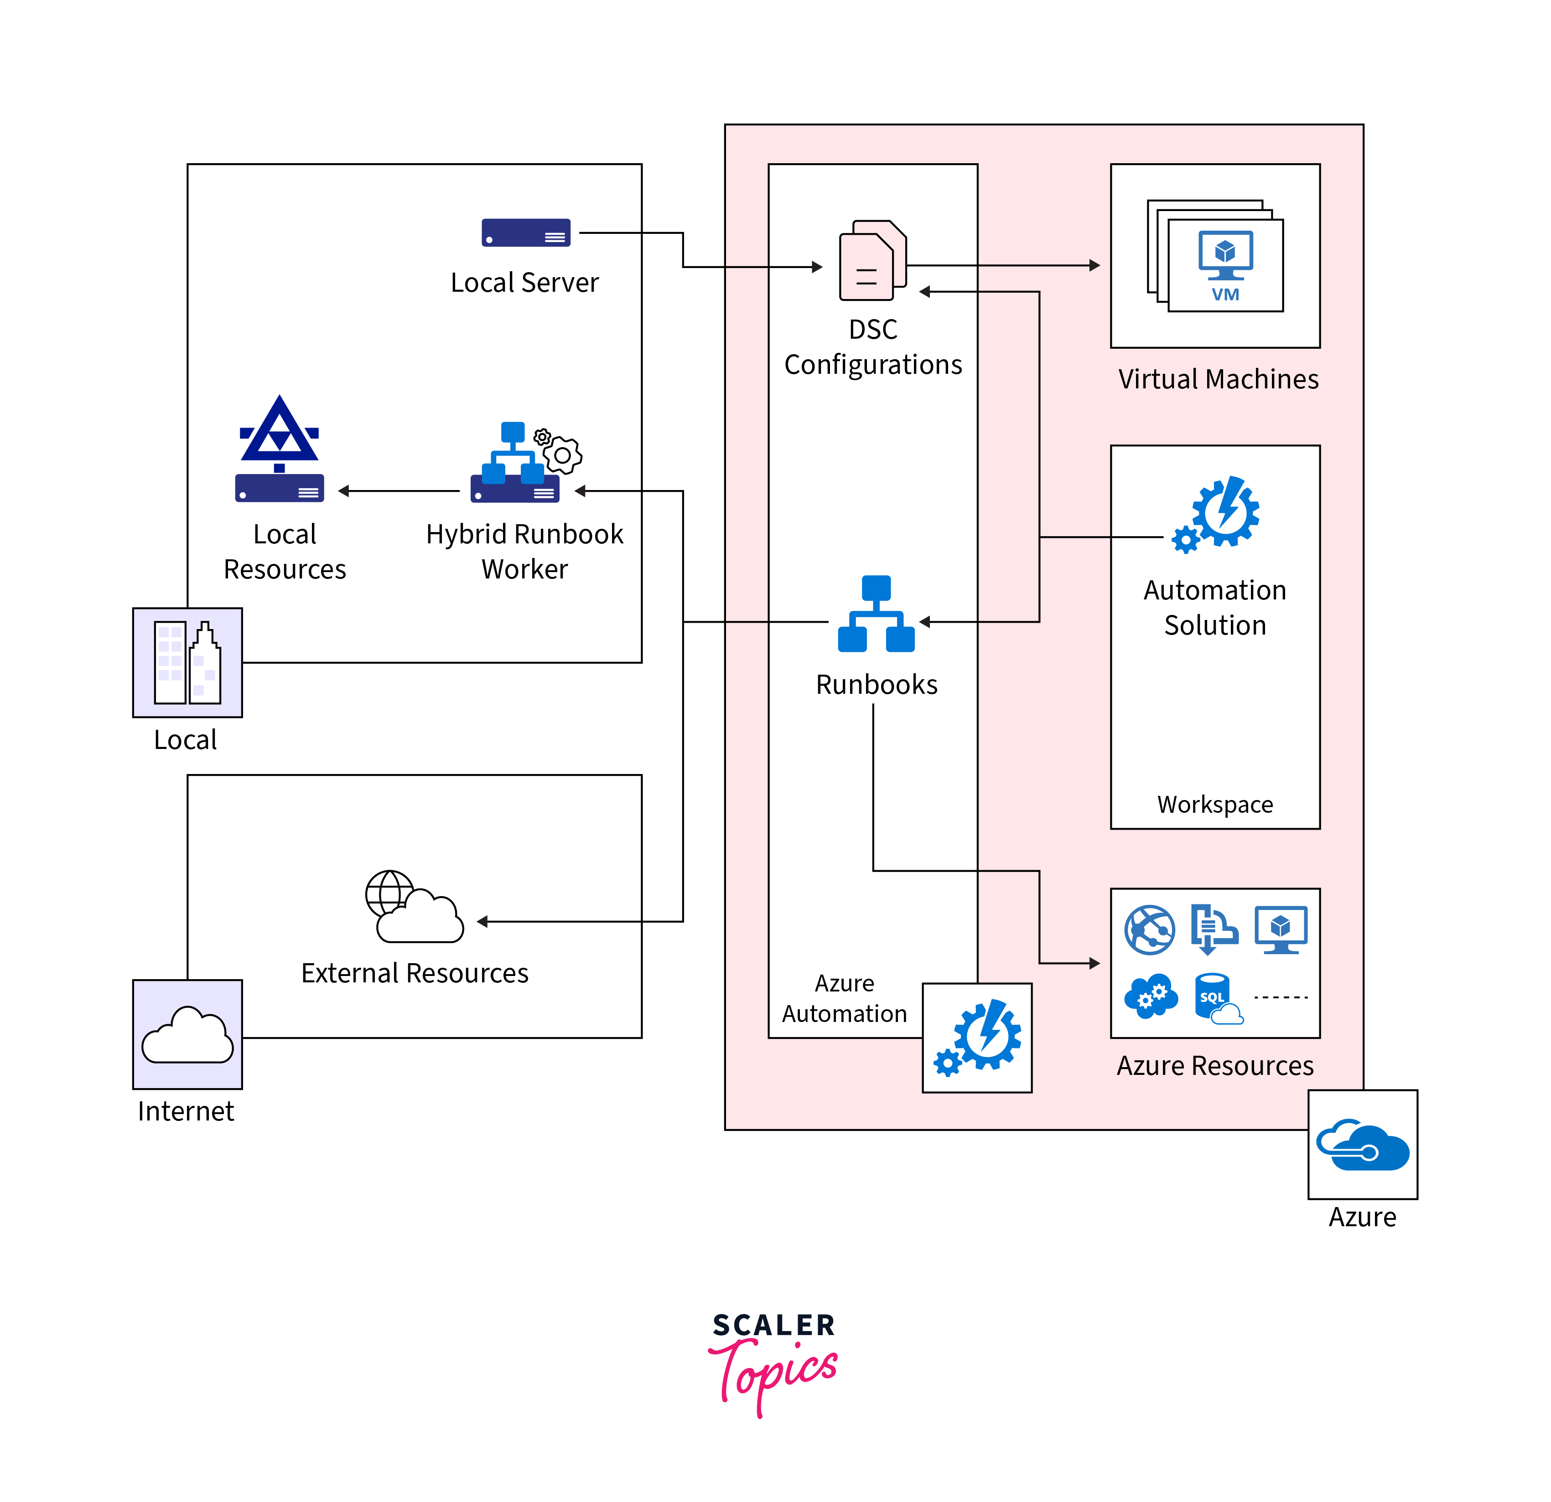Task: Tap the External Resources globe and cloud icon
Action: [x=414, y=908]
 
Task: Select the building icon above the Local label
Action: [x=187, y=663]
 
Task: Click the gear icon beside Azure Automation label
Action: [x=977, y=1037]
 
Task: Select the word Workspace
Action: [x=1215, y=805]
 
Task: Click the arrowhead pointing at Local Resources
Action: [x=344, y=491]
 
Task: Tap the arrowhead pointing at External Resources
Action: [x=482, y=921]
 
